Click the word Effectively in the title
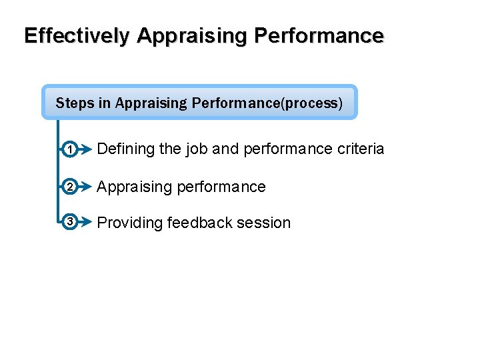click(77, 35)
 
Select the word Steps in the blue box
click(74, 103)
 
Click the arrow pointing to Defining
click(85, 150)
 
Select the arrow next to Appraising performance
click(85, 187)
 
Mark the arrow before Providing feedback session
click(85, 222)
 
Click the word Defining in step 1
click(126, 149)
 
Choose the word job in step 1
click(197, 149)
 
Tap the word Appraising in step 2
click(134, 187)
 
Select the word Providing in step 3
click(130, 223)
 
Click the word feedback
click(199, 223)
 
